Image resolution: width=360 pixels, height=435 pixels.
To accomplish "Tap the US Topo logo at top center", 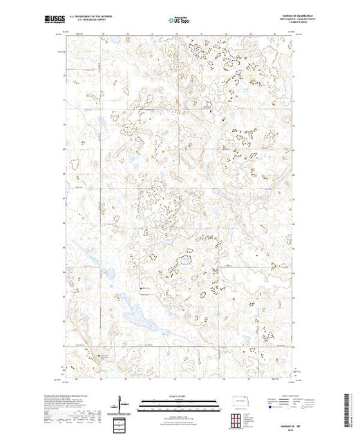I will pos(180,21).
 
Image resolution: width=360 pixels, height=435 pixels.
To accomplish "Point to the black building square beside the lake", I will pos(142,289).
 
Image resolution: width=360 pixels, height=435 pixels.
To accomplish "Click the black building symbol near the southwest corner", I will pos(98,357).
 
